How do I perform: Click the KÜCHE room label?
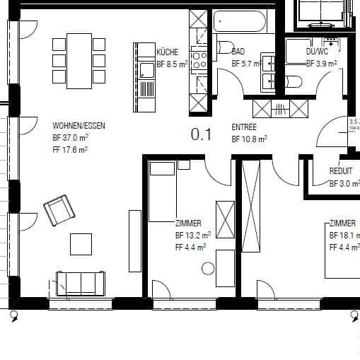pyautogui.click(x=168, y=52)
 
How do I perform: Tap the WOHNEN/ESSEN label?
pyautogui.click(x=79, y=126)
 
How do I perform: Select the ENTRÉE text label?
pyautogui.click(x=244, y=127)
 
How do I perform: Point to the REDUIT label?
pyautogui.click(x=341, y=172)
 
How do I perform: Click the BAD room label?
pyautogui.click(x=238, y=52)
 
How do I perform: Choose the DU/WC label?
pyautogui.click(x=317, y=52)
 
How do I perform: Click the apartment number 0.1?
pyautogui.click(x=201, y=134)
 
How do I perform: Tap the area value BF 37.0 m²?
pyautogui.click(x=70, y=138)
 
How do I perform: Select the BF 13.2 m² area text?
pyautogui.click(x=193, y=235)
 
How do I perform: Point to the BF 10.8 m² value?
pyautogui.click(x=250, y=139)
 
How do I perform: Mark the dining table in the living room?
pyautogui.click(x=79, y=61)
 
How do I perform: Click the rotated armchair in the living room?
pyautogui.click(x=59, y=211)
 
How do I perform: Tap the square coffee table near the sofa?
pyautogui.click(x=81, y=244)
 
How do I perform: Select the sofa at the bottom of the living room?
pyautogui.click(x=80, y=283)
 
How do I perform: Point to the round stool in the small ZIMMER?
pyautogui.click(x=207, y=268)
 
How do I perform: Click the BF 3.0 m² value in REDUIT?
pyautogui.click(x=344, y=184)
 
